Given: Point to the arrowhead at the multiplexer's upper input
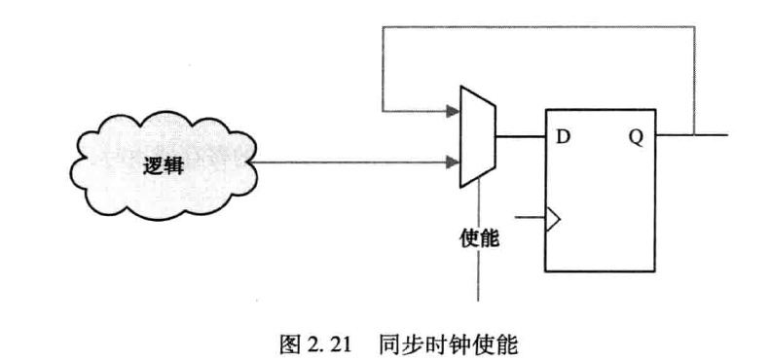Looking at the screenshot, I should (453, 112).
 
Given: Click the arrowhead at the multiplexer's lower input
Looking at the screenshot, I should (453, 162).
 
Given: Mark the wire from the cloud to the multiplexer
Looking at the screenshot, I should (350, 162).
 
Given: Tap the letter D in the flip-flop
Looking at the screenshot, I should (562, 135).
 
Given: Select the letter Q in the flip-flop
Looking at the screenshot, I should (636, 135).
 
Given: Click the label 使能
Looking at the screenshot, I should (478, 236).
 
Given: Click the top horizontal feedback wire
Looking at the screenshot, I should (535, 26).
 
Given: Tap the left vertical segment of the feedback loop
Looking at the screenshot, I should (384, 68).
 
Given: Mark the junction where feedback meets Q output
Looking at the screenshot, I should (694, 135).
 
